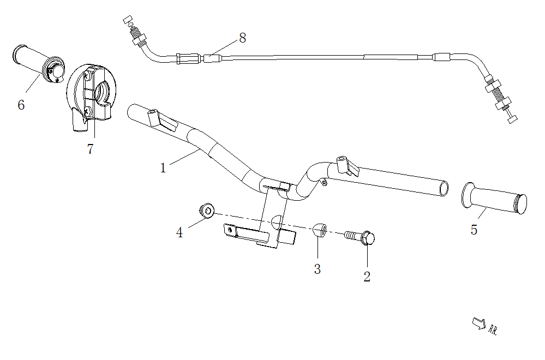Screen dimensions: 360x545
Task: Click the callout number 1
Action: click(163, 168)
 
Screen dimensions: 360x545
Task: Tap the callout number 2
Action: click(367, 277)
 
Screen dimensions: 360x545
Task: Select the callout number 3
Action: click(317, 269)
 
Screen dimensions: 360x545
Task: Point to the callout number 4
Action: click(179, 233)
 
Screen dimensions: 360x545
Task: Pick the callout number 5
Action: click(474, 230)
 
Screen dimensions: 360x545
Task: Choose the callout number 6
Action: click(21, 105)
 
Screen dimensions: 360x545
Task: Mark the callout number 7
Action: click(91, 149)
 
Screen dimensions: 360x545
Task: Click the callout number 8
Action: click(242, 38)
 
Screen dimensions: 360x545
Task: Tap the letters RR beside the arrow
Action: click(493, 329)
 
